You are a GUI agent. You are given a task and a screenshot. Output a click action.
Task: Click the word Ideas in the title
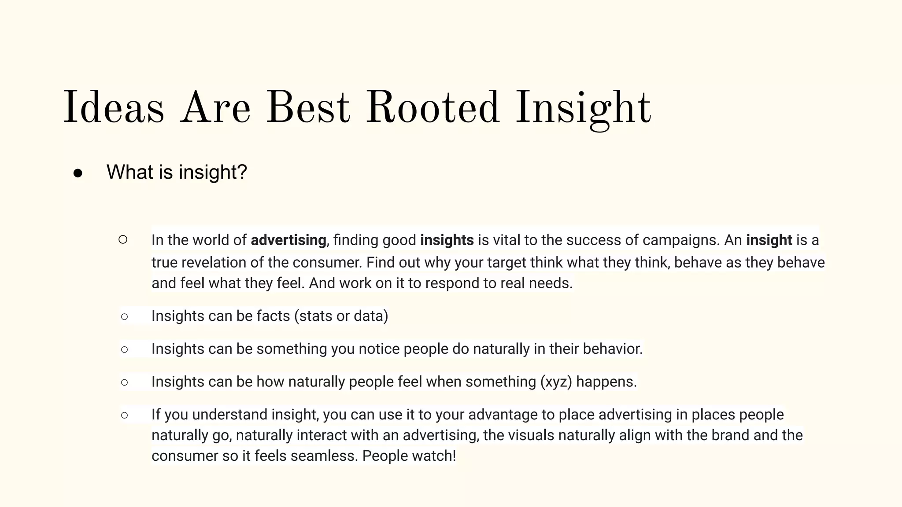[x=114, y=108]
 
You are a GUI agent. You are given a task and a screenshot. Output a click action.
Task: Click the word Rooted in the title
[x=433, y=108]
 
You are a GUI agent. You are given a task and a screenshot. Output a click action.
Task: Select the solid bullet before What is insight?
[x=78, y=173]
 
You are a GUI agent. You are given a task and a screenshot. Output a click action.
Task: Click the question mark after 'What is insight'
[x=242, y=172]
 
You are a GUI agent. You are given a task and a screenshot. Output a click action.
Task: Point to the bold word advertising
[x=288, y=240]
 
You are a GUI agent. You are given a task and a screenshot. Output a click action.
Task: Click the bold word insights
[x=447, y=240]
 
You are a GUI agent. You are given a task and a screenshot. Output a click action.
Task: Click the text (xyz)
[x=556, y=382]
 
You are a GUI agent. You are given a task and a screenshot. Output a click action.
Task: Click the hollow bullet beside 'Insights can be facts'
[x=124, y=316]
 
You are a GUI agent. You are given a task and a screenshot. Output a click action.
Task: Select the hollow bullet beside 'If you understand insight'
[x=124, y=415]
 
